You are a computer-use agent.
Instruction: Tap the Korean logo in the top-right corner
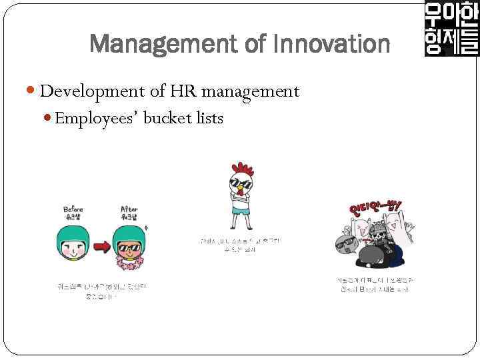coord(451,29)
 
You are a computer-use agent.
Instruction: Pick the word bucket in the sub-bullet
coord(167,119)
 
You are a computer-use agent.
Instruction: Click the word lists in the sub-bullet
coord(209,119)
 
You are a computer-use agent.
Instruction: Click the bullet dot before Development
coord(33,91)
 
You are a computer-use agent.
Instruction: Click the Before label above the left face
coord(73,209)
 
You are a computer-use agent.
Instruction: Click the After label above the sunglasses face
coord(129,209)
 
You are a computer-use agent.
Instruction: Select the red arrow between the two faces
coord(101,247)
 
